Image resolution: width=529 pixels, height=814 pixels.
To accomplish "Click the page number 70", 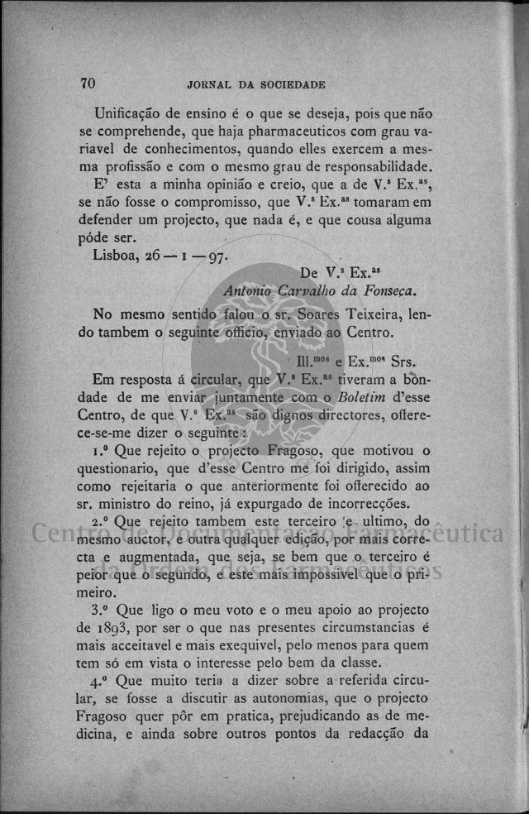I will tap(89, 83).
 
